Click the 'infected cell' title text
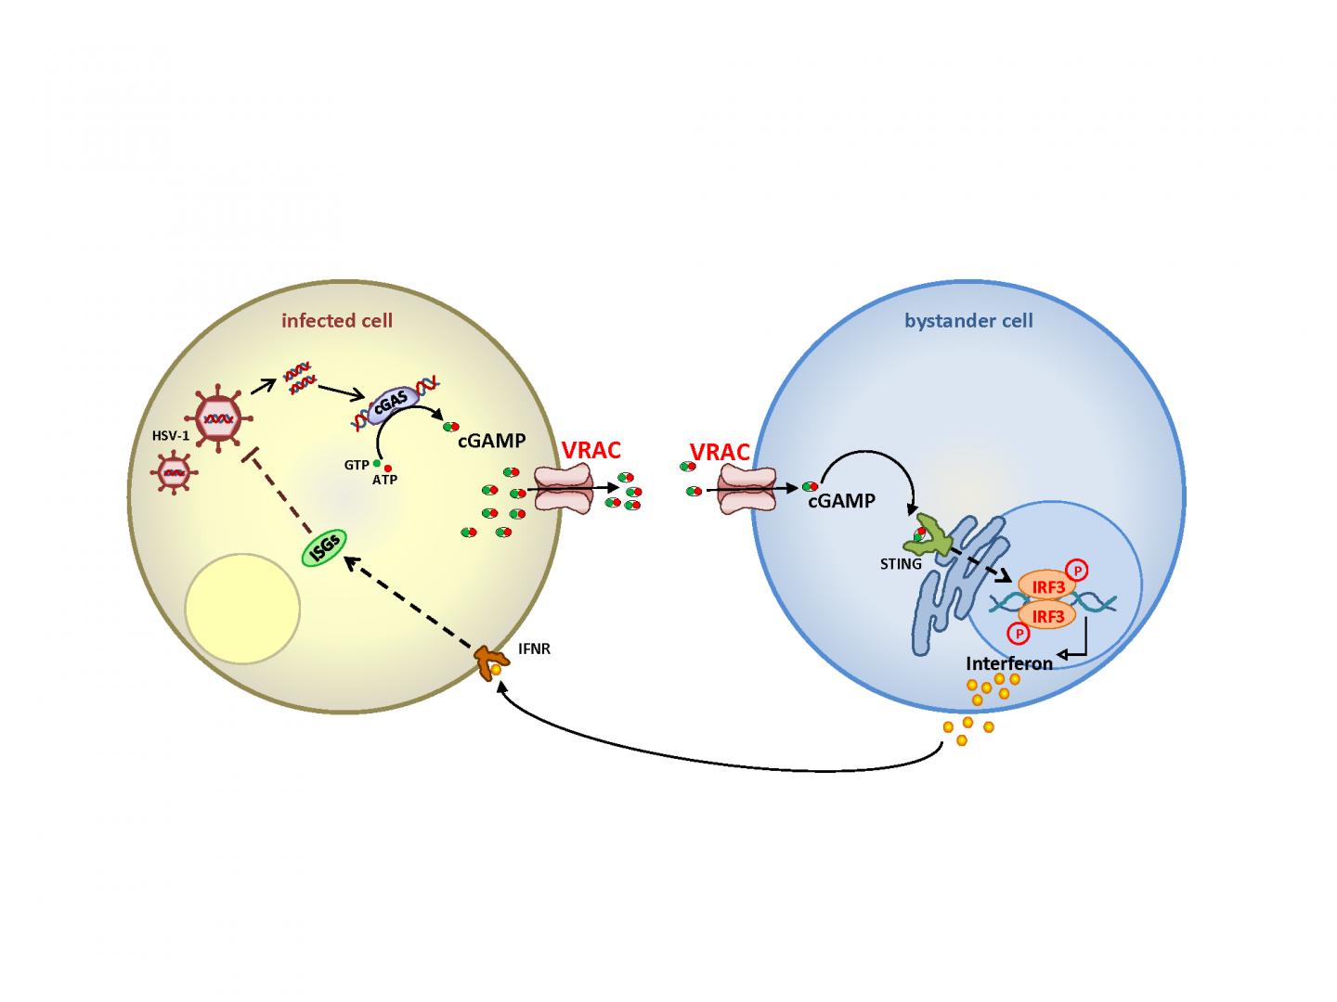tap(337, 321)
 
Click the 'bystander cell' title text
tap(968, 321)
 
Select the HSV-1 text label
tap(171, 434)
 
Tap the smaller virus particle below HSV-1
tap(174, 473)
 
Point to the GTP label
tap(356, 465)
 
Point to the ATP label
tap(384, 480)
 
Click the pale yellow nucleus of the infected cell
tap(242, 609)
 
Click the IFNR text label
tap(534, 649)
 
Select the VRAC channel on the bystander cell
tap(748, 488)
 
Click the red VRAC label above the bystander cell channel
tap(720, 453)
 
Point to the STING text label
tap(902, 563)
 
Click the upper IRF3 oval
tap(1047, 586)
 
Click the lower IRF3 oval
tap(1047, 614)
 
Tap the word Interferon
tap(1009, 663)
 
